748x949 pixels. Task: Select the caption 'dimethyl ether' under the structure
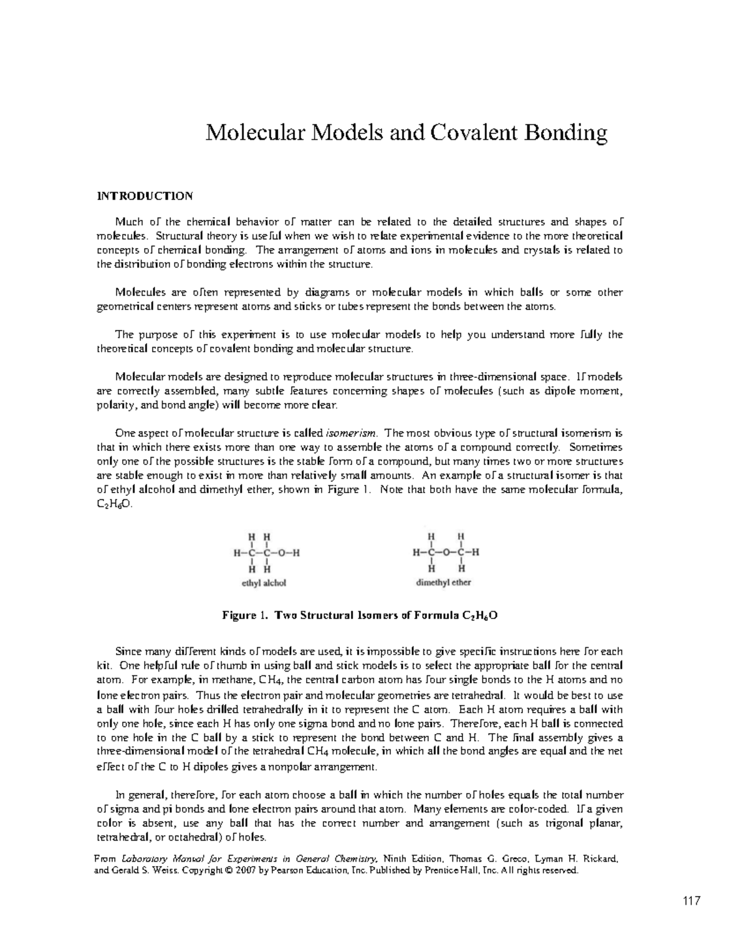pos(443,582)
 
